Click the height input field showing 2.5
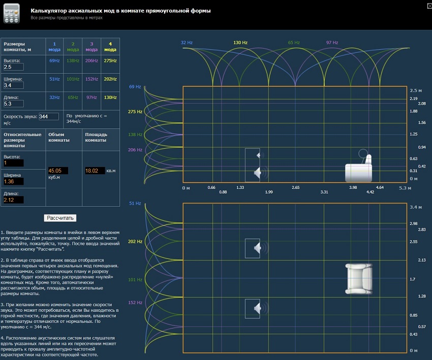tap(14, 67)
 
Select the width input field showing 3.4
tap(14, 85)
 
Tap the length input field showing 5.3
tap(14, 103)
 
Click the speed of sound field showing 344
tap(49, 117)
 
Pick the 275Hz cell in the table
tap(110, 61)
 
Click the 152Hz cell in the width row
tap(91, 79)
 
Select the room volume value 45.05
tap(57, 171)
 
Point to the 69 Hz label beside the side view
tap(135, 87)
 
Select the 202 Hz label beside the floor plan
tap(135, 242)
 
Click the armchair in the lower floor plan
tap(358, 278)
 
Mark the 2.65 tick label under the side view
tap(296, 187)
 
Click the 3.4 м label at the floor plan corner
tap(416, 207)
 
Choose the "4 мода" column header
tap(110, 46)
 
